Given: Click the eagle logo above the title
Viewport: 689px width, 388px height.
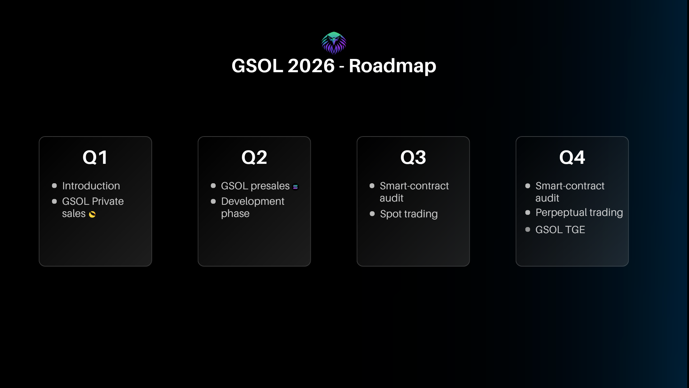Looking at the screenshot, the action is (334, 43).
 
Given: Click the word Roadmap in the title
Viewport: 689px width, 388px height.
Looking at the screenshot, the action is (393, 66).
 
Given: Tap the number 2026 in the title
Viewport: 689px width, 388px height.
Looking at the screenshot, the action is (311, 66).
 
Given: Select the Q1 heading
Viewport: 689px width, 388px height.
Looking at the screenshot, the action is (95, 157).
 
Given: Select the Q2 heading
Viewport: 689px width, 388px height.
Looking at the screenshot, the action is (254, 157).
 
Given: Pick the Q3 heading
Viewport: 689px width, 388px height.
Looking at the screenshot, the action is (413, 157).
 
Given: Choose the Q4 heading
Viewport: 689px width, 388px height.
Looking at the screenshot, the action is (572, 157).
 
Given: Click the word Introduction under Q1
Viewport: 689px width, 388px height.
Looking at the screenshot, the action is (91, 186).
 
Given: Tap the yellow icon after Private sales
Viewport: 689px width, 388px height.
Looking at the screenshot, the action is (92, 214).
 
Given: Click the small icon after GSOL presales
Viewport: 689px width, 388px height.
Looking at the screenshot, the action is (295, 187).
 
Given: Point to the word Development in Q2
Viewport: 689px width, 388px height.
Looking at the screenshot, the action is (253, 202).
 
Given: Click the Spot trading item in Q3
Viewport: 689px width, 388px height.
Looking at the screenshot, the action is (409, 214).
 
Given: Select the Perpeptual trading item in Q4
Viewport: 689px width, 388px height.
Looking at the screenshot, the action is (579, 213).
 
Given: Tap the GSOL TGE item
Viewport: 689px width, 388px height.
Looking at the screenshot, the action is (560, 230).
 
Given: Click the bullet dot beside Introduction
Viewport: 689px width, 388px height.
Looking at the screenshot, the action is (54, 186).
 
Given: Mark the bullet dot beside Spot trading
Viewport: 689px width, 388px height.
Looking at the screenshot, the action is (372, 214).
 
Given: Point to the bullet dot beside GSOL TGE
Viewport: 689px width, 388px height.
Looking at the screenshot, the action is (528, 229).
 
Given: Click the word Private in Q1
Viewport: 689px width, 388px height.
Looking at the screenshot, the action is (108, 201).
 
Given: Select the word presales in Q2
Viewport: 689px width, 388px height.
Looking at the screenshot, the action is (270, 186).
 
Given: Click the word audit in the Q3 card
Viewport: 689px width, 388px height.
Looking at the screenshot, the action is (392, 198).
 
